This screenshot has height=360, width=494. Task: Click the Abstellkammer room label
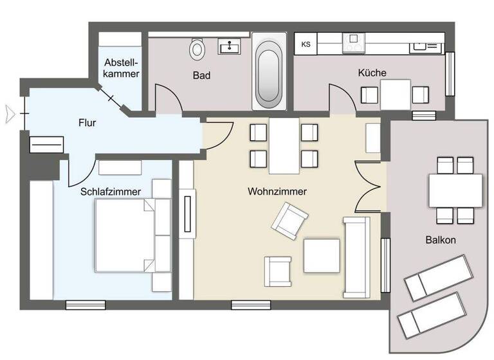122,69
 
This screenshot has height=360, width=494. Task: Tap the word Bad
202,75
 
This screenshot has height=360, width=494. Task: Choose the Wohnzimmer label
277,192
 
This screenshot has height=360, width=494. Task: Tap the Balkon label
440,240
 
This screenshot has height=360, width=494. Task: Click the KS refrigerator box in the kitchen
306,44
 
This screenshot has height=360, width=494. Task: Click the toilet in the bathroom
197,48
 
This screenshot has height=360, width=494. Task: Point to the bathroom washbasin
229,46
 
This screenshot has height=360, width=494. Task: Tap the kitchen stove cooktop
354,44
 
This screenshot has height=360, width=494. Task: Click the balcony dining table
455,190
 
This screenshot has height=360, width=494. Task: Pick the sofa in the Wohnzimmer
356,257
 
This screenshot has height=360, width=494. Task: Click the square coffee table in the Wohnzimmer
321,255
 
